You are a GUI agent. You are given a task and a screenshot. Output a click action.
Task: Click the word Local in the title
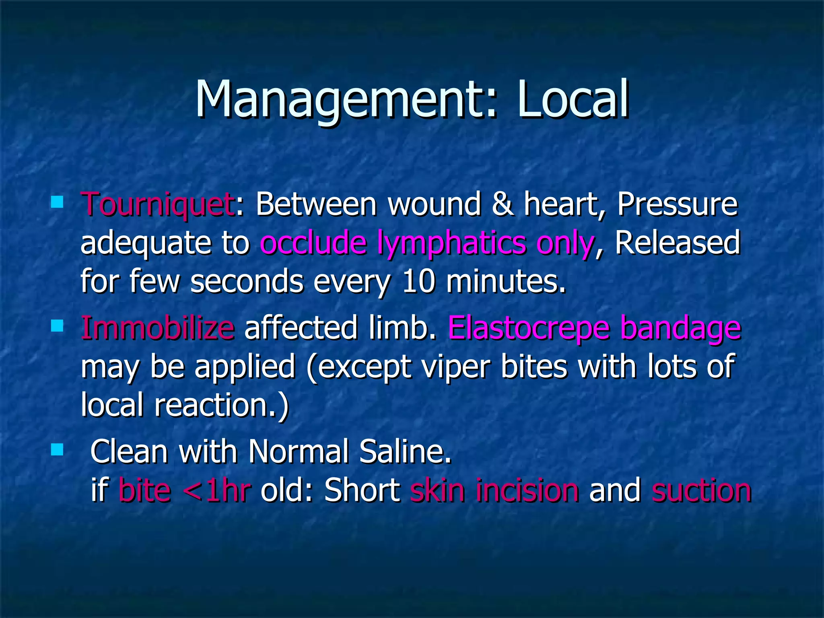573,99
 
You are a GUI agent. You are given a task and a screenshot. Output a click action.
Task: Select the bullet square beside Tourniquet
58,202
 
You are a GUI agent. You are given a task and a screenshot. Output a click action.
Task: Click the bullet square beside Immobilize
58,325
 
